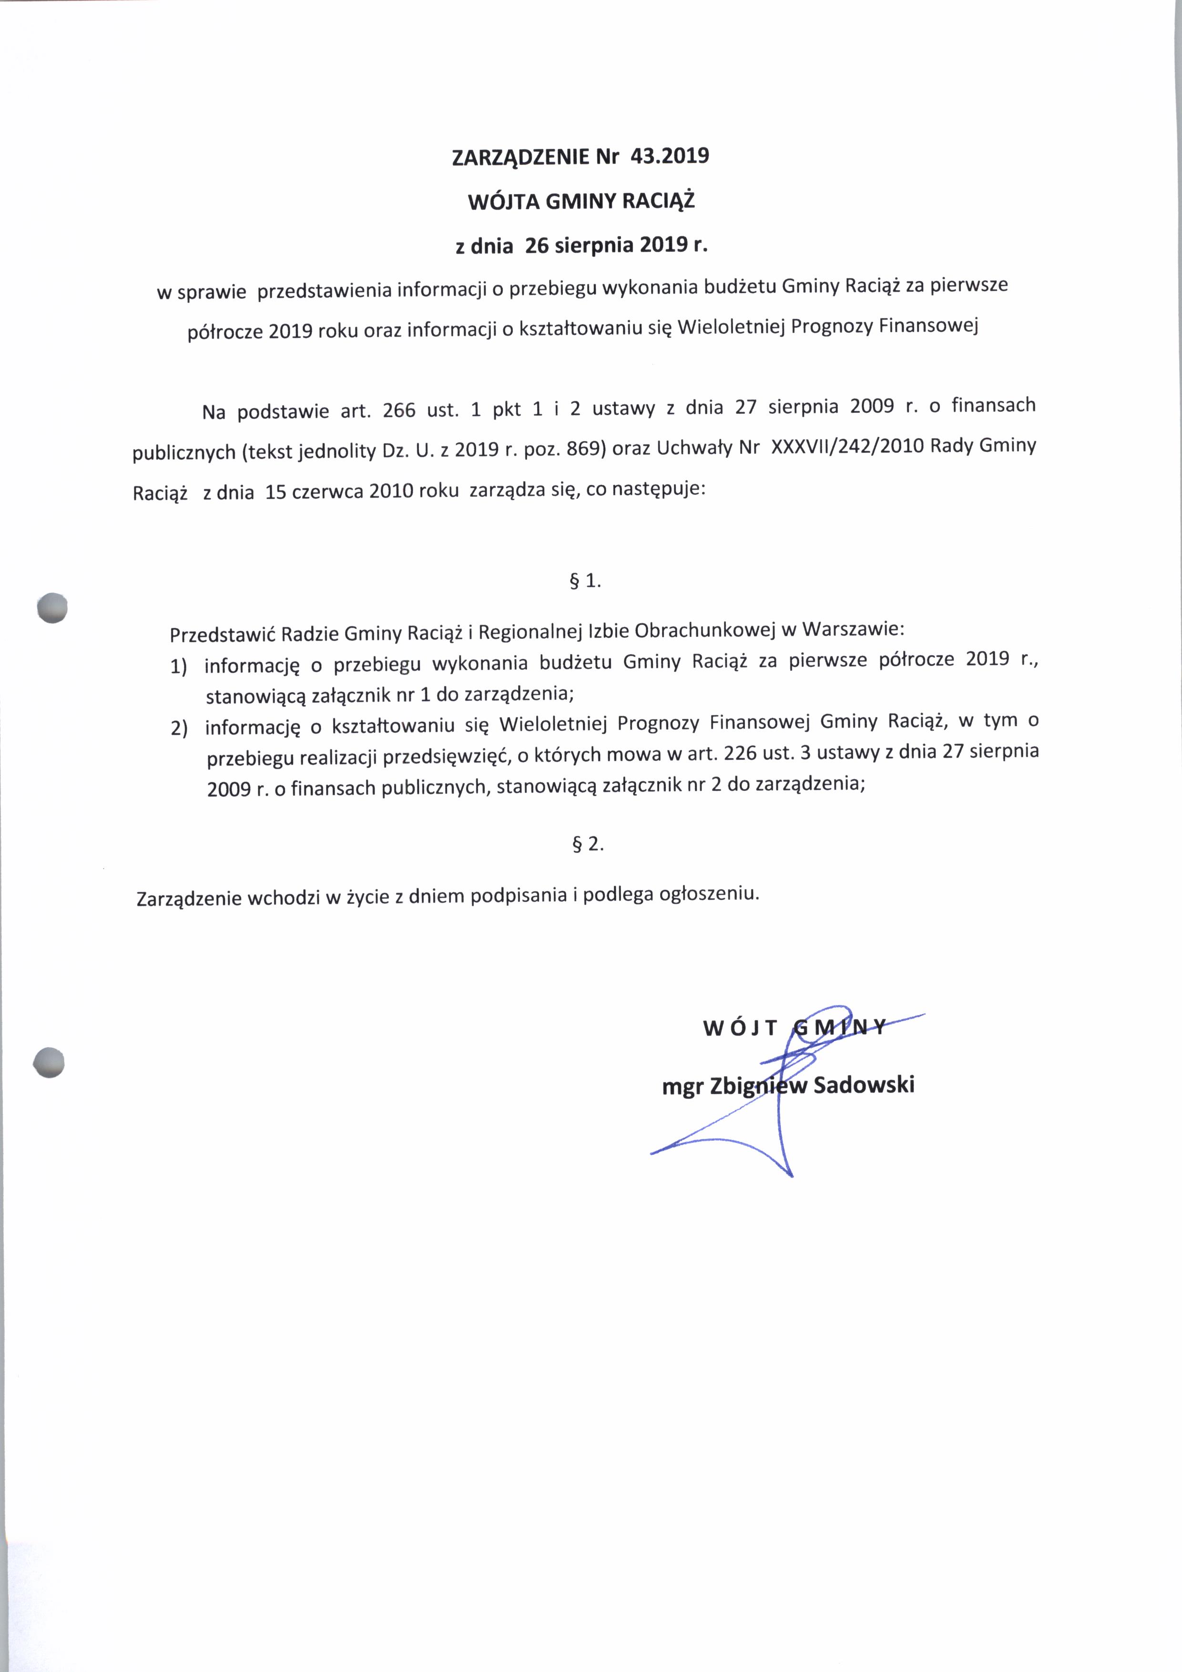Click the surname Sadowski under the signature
(864, 1085)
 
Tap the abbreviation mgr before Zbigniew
(682, 1087)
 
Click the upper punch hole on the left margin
(52, 608)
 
